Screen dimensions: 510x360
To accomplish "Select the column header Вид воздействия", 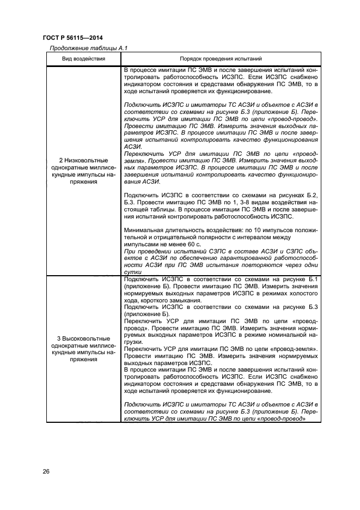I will pyautogui.click(x=83, y=58).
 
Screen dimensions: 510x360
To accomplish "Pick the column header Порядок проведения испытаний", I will pyautogui.click(x=221, y=58).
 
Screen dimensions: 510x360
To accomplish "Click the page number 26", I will pyautogui.click(x=46, y=471).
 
